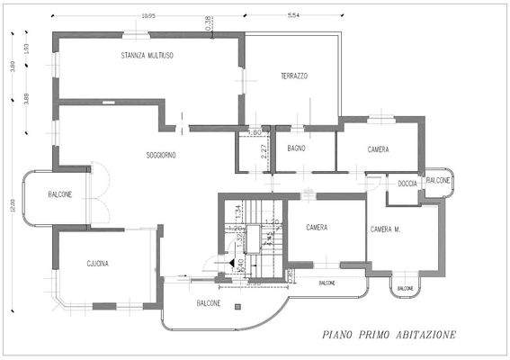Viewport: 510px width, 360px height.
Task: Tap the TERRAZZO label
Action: tap(294, 76)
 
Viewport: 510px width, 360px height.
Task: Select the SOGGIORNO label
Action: tap(161, 155)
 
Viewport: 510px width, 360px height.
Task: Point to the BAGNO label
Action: tap(298, 148)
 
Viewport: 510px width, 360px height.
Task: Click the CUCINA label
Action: tap(97, 264)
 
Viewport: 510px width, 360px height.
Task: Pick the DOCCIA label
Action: tap(406, 184)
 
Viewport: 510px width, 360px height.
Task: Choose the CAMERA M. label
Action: tap(386, 229)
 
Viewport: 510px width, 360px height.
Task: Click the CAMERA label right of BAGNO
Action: tap(378, 148)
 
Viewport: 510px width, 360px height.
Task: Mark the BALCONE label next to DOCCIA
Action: tap(438, 181)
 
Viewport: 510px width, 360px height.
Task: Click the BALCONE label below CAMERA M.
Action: tap(404, 289)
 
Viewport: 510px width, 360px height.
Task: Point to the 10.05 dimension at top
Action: tap(148, 15)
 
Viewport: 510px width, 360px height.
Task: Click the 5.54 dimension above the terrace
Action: tap(293, 15)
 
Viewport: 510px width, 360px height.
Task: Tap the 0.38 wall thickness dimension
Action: tap(209, 25)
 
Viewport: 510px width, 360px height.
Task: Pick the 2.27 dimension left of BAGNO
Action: tap(264, 151)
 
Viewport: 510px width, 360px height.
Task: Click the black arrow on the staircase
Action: tap(234, 263)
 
